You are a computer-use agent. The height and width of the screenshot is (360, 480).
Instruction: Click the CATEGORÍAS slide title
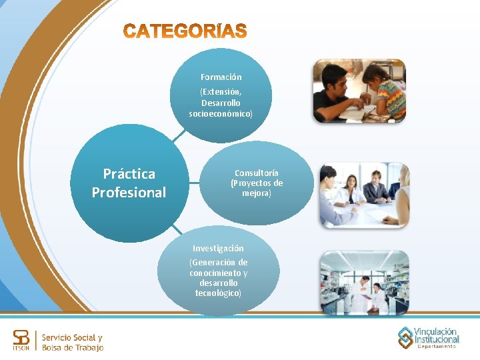tap(185, 31)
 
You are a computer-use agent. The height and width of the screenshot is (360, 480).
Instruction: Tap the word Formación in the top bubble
tap(221, 77)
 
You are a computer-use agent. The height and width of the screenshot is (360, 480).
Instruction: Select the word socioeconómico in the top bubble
tap(221, 114)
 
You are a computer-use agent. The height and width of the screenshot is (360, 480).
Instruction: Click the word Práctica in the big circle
tap(129, 174)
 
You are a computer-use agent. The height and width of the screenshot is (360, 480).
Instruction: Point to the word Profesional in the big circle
tap(129, 193)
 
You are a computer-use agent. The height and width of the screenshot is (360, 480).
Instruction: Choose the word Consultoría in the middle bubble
tap(257, 173)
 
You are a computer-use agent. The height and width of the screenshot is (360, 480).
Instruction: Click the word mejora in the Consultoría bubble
tap(256, 193)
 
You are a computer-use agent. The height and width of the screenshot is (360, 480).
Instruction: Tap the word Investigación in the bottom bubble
tap(218, 248)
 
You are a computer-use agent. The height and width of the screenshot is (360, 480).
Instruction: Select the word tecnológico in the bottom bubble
tap(217, 293)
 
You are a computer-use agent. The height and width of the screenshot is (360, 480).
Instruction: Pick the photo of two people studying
tap(359, 91)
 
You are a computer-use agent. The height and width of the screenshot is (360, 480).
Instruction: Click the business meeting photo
tap(363, 195)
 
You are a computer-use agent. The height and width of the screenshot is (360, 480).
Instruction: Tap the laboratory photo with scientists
tap(363, 283)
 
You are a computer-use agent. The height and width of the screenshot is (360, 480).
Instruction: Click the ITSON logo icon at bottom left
tap(22, 341)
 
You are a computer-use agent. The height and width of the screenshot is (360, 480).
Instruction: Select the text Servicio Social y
tap(72, 337)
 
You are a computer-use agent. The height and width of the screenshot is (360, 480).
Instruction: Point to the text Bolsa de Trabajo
tap(72, 348)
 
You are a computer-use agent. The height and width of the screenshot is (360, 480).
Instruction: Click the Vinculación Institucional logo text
tap(436, 335)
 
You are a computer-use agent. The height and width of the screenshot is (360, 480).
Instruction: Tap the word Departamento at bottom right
tap(437, 347)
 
